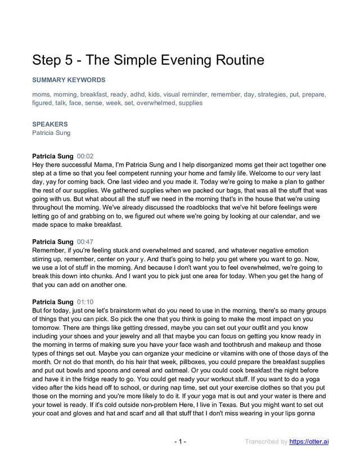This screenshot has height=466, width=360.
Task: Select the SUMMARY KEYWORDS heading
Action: (x=69, y=80)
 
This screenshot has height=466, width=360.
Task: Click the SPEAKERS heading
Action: (x=50, y=124)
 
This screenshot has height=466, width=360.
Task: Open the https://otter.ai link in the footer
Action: (x=309, y=441)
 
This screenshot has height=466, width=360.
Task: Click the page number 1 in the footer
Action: (x=180, y=441)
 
